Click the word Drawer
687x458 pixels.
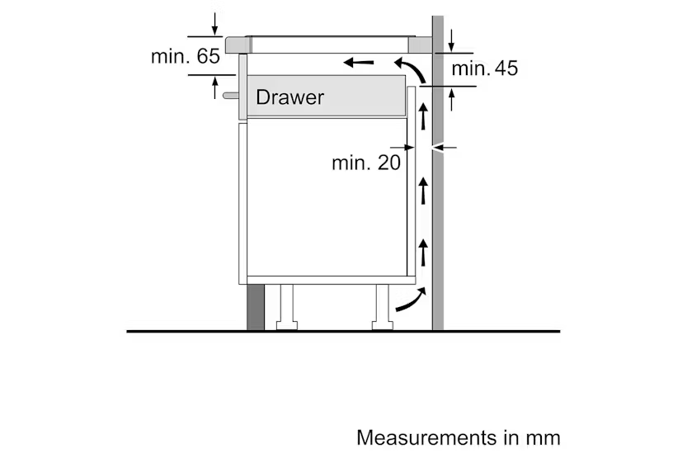[x=289, y=97]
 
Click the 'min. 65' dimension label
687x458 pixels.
[x=186, y=57]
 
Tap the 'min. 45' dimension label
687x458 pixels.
[x=485, y=68]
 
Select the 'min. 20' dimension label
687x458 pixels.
[x=366, y=163]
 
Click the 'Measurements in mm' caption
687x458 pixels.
[x=458, y=437]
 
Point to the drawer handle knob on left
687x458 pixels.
[x=228, y=96]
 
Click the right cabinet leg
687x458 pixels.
[x=382, y=307]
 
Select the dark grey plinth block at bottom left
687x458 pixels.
[x=256, y=307]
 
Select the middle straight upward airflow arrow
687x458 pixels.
[x=423, y=190]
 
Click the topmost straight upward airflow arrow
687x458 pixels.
[x=423, y=116]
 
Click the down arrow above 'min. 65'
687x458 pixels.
[x=215, y=23]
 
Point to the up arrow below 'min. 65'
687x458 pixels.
[x=215, y=86]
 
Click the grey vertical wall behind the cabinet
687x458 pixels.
[x=437, y=206]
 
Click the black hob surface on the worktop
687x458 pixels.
[x=330, y=37]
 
